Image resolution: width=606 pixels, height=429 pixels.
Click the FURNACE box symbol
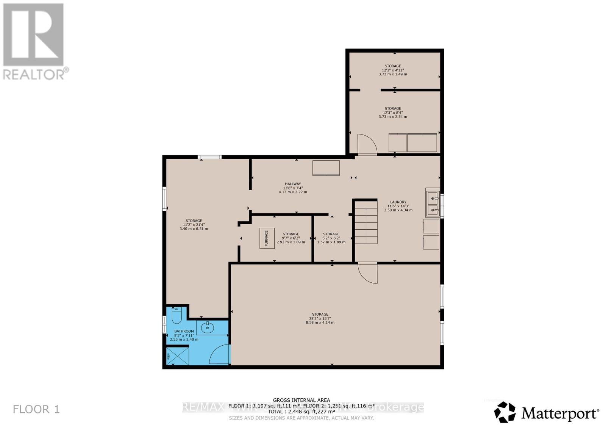[267, 238]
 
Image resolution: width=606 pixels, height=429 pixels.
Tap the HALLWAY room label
[293, 184]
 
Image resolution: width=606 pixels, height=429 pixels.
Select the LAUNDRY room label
[398, 202]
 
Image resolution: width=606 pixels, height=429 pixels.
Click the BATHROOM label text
[184, 331]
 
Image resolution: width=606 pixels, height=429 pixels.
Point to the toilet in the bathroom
[176, 315]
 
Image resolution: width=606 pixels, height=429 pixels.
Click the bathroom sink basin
[207, 327]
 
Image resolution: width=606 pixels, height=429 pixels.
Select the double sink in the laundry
[432, 203]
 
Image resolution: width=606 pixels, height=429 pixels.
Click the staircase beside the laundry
[366, 224]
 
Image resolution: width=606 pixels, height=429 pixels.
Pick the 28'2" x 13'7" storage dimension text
[320, 318]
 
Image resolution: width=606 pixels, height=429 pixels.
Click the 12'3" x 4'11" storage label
[393, 70]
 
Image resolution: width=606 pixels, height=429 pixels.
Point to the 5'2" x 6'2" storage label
[331, 238]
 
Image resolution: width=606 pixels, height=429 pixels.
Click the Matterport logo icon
[505, 412]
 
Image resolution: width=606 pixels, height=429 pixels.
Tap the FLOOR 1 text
[36, 409]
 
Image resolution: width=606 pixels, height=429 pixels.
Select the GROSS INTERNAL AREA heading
[301, 400]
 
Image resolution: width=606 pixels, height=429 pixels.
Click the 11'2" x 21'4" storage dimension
[194, 224]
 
